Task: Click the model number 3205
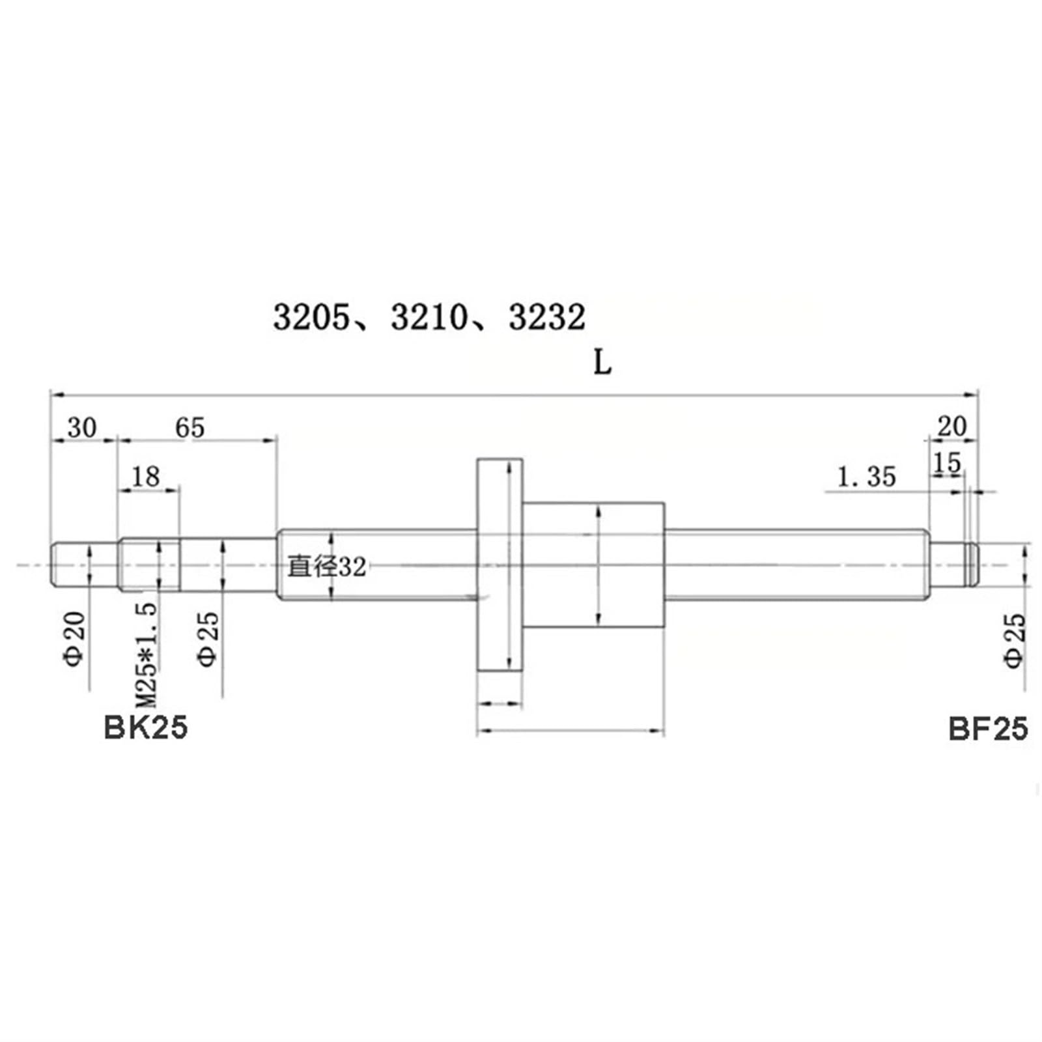(x=311, y=318)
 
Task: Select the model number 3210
(x=429, y=318)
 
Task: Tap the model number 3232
(x=547, y=318)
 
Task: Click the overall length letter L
(x=602, y=363)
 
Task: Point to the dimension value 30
(x=82, y=428)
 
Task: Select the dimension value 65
(x=190, y=428)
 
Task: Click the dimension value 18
(x=146, y=477)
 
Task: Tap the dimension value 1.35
(x=866, y=477)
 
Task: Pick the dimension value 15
(x=946, y=463)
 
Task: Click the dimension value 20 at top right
(x=952, y=427)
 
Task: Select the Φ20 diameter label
(x=75, y=638)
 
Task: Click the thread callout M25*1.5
(x=147, y=655)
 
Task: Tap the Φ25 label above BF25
(x=1014, y=640)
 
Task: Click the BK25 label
(x=145, y=727)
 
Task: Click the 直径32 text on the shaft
(x=327, y=567)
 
